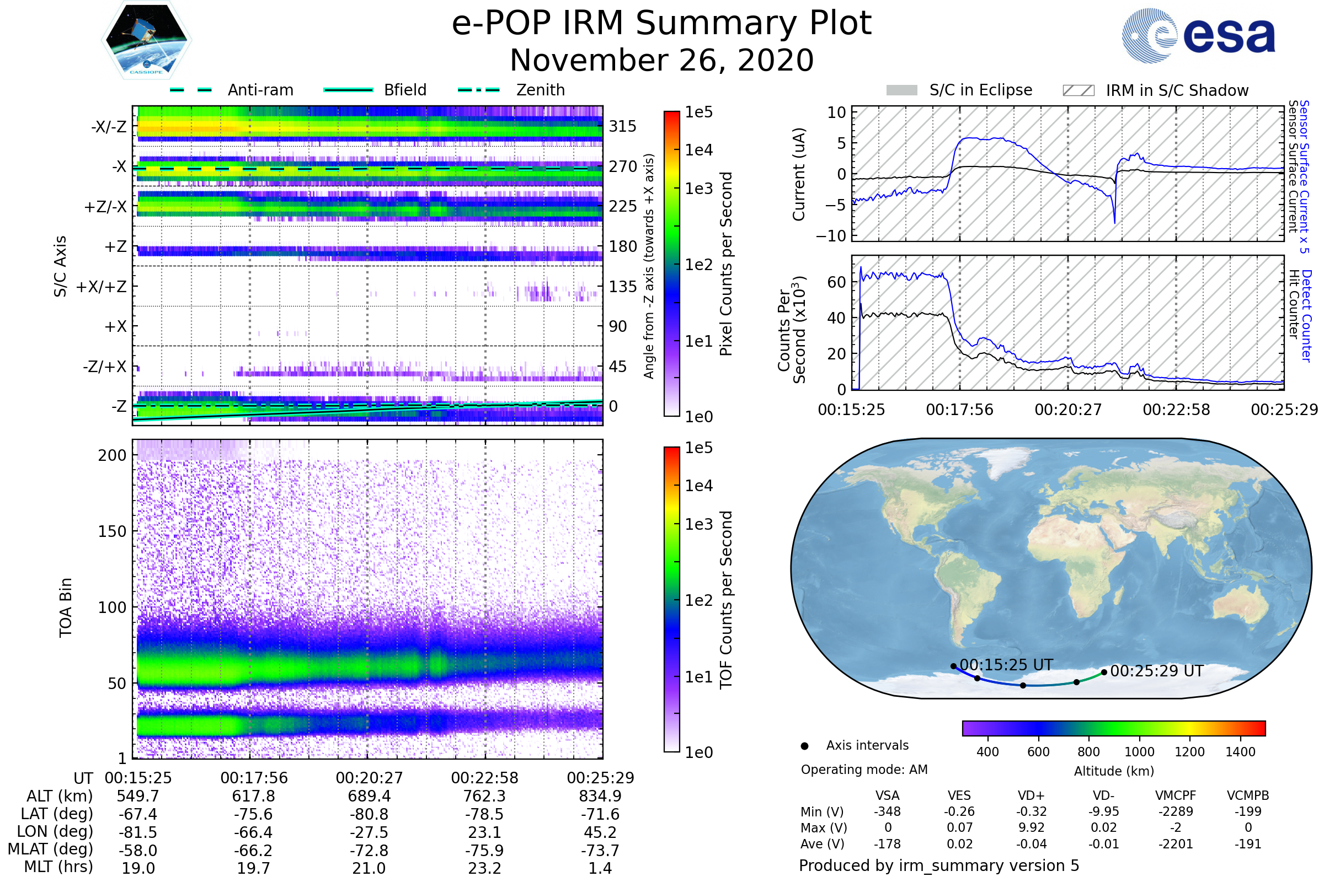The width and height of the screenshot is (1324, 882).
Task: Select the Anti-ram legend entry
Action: (x=260, y=90)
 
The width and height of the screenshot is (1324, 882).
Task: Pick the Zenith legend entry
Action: (x=540, y=90)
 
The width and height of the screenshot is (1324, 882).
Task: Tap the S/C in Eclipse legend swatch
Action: (x=901, y=90)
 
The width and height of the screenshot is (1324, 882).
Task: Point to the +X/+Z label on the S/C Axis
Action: (x=102, y=287)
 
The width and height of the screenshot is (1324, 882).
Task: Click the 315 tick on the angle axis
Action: (x=622, y=126)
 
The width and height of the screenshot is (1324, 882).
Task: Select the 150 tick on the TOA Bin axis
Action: (x=112, y=531)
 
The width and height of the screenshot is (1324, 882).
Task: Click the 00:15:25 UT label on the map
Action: (x=1006, y=665)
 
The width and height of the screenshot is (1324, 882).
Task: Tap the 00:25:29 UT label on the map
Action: (x=1156, y=671)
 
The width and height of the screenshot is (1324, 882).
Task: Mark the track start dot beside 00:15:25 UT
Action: (x=954, y=666)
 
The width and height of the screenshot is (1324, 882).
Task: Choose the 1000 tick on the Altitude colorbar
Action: (x=1139, y=752)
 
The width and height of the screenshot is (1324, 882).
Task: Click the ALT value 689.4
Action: (x=369, y=797)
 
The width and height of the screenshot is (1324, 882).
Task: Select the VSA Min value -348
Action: (x=887, y=811)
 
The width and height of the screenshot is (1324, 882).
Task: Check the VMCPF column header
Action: (x=1176, y=795)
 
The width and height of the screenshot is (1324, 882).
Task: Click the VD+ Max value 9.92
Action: (x=1032, y=828)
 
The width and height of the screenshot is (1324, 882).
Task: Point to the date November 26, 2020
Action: (x=661, y=60)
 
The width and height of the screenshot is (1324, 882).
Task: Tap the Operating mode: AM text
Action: (x=864, y=770)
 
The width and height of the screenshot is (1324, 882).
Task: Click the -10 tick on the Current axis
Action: (x=831, y=236)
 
